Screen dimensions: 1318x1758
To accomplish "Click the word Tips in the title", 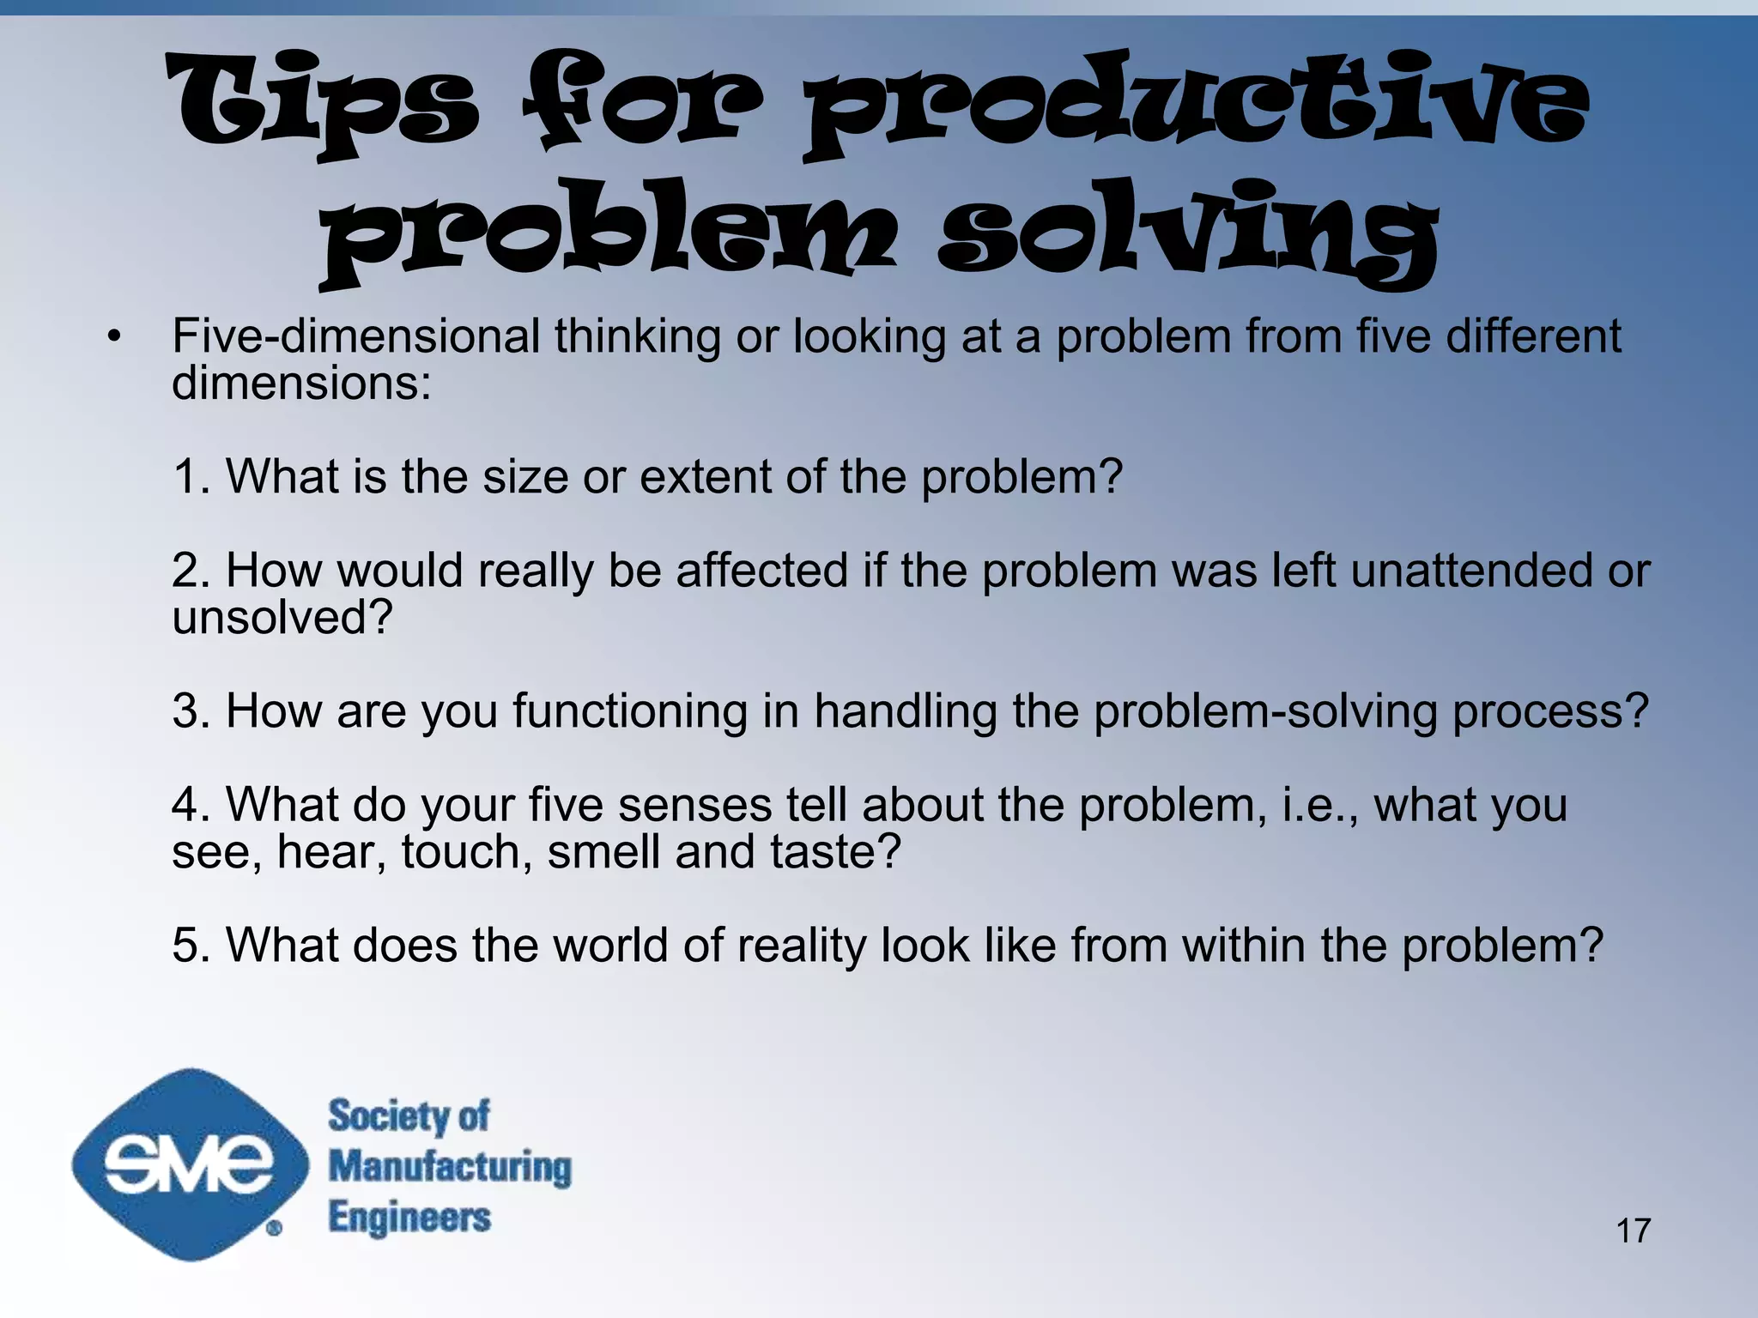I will click(322, 103).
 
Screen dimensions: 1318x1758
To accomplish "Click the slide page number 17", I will click(1633, 1230).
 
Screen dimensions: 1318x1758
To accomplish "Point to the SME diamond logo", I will click(190, 1164).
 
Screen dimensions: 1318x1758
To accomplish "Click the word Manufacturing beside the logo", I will click(450, 1167).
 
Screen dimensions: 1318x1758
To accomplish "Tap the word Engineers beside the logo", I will click(409, 1218).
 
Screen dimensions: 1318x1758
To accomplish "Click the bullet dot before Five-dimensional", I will click(114, 337).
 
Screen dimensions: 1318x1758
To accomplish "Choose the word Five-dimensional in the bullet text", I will click(355, 336).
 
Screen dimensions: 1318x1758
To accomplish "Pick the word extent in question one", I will click(705, 476).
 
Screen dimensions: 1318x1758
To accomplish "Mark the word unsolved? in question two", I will click(282, 617).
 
